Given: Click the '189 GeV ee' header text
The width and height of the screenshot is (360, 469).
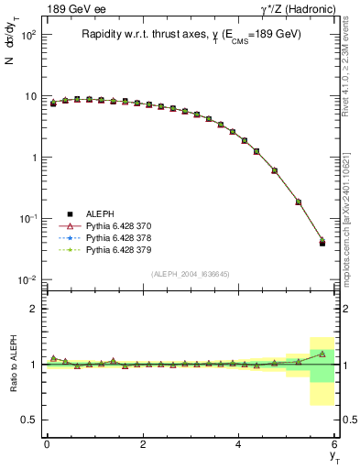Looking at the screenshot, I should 72,9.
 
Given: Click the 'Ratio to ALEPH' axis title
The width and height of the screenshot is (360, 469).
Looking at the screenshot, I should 14,364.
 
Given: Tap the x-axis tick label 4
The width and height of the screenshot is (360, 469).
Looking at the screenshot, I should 239,443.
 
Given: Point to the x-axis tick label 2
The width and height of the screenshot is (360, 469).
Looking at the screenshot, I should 143,443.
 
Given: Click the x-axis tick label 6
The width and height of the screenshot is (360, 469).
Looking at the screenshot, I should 335,443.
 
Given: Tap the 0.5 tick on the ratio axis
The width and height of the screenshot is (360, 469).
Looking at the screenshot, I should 28,420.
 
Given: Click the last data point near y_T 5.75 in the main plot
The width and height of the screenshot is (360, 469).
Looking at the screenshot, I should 322,243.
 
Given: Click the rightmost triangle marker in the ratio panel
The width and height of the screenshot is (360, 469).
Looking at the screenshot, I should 322,354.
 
